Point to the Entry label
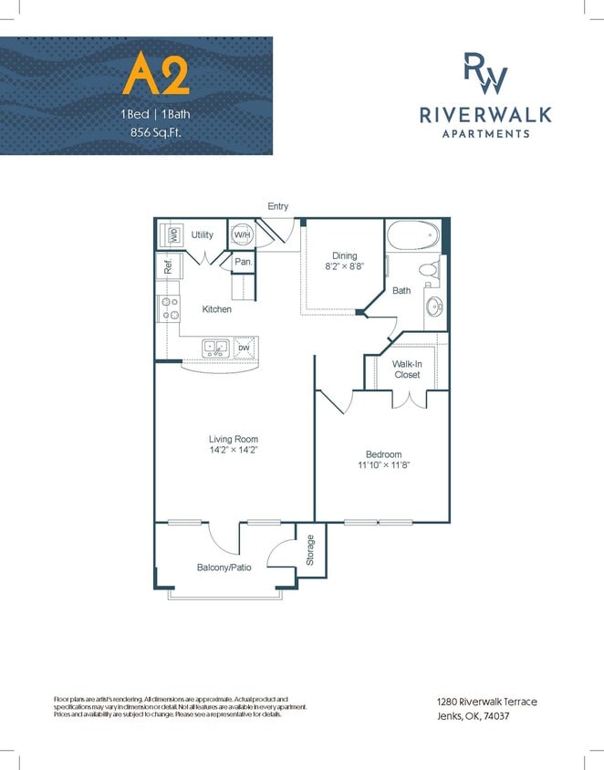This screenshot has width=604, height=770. tap(277, 206)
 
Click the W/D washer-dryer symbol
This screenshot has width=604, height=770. tap(171, 234)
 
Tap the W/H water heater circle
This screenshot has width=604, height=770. tap(242, 234)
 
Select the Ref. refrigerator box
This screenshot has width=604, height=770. tap(169, 267)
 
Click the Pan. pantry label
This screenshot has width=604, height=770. tap(243, 262)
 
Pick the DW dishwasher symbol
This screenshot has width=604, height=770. tap(244, 348)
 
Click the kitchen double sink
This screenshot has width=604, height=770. tap(216, 347)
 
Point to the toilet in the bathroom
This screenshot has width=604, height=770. tap(426, 270)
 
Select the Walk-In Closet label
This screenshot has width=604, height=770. tap(406, 369)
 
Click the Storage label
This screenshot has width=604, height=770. tap(310, 550)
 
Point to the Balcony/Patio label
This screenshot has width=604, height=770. tap(224, 567)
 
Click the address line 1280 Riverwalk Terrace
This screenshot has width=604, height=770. tap(486, 701)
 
